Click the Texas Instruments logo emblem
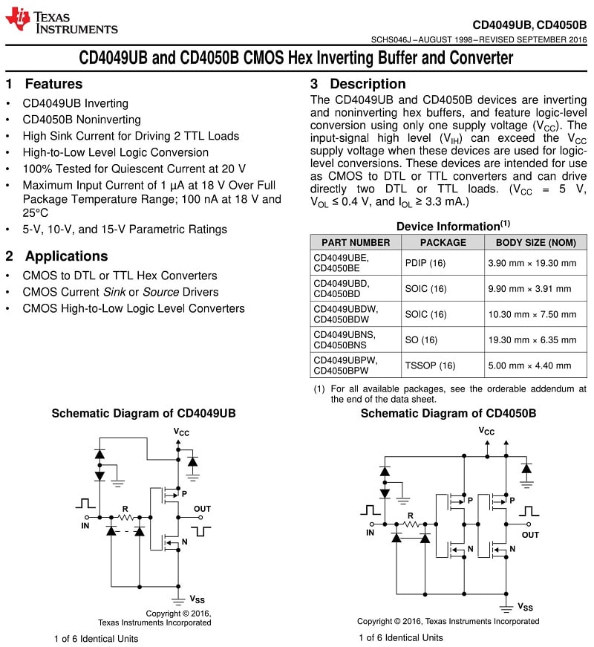point(17,19)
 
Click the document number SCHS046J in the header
point(391,39)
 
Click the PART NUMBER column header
point(356,243)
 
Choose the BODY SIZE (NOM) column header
point(536,243)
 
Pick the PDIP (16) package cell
point(425,263)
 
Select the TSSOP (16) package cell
point(430,365)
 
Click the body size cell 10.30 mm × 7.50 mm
point(532,314)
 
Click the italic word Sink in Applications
point(114,292)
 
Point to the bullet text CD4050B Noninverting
point(82,120)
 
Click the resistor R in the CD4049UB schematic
point(125,517)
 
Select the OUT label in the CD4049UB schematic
point(202,509)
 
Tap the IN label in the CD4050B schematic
point(370,533)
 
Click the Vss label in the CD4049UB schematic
point(198,599)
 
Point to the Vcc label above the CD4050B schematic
point(486,431)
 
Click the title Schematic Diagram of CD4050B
point(448,414)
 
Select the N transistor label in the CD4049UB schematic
point(184,542)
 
